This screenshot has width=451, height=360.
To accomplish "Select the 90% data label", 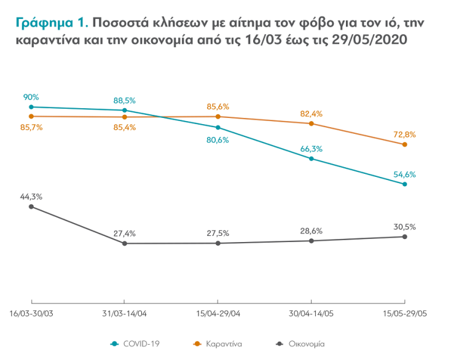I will (31, 97).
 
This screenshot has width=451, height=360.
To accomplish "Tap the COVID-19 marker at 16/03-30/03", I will (31, 107).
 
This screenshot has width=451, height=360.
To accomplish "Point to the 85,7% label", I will (31, 127).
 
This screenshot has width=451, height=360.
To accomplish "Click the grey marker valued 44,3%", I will (31, 206).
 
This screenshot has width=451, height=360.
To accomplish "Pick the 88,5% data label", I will (125, 100).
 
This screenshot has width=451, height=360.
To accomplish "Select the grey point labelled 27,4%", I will (125, 243).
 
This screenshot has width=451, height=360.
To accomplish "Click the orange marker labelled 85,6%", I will (218, 116).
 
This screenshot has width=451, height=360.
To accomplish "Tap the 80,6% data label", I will (218, 139).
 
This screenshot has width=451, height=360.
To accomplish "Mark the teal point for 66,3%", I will (312, 158).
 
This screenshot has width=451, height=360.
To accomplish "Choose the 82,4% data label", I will (312, 114).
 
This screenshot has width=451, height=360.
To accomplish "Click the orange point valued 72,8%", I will (404, 144).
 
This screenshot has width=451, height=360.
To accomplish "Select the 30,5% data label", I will (404, 227).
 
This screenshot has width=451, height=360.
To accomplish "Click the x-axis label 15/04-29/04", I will (218, 313).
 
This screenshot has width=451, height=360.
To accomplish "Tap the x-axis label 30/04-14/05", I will (312, 313).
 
